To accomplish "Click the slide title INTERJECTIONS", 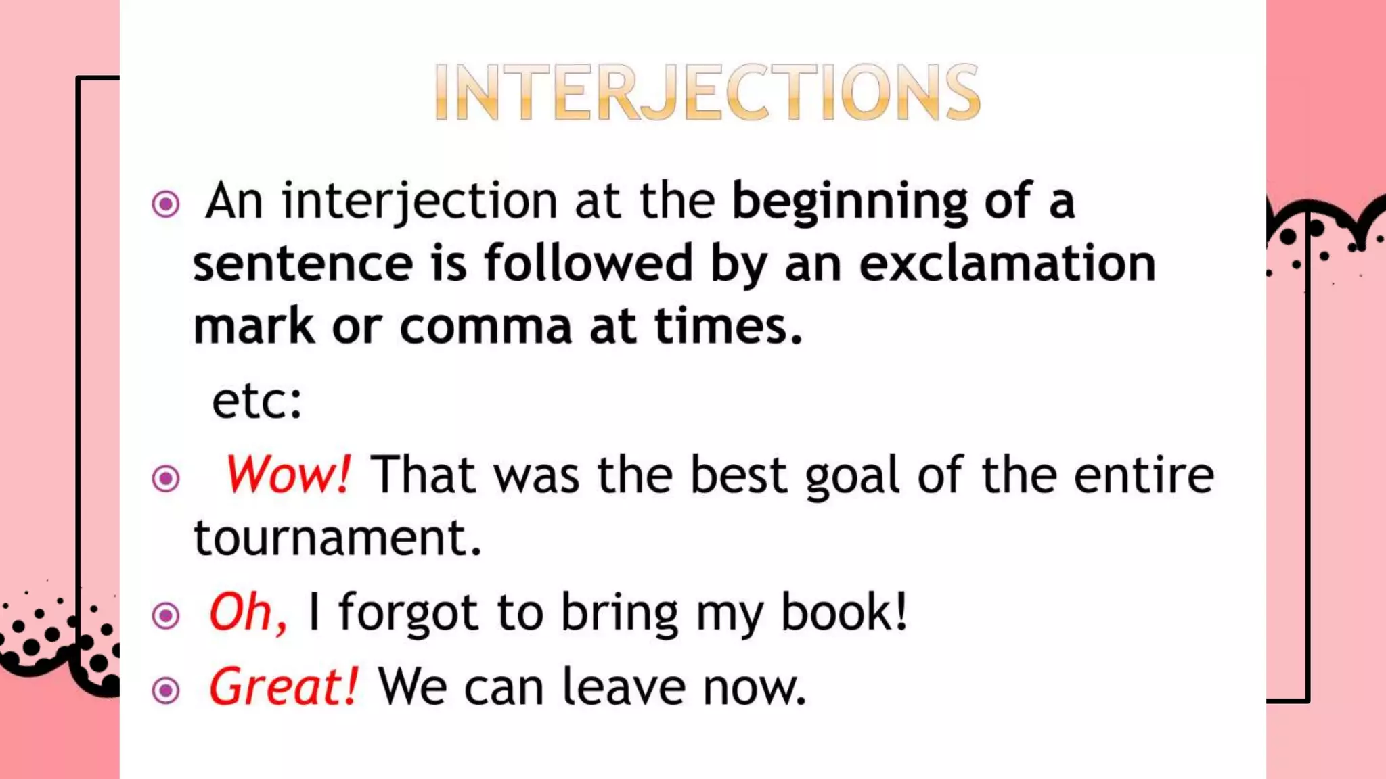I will click(707, 92).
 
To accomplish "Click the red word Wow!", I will click(288, 475).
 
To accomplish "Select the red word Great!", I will click(283, 687).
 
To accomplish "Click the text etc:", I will click(257, 401).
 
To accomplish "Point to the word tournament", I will click(338, 538).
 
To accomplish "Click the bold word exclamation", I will click(1007, 264).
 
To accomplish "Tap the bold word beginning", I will click(850, 202).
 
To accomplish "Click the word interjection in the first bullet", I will click(420, 202).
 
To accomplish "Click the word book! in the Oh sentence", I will click(844, 613).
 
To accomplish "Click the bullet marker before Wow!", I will click(166, 479).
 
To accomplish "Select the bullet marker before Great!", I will click(166, 690).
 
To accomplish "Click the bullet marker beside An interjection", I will click(166, 204).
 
